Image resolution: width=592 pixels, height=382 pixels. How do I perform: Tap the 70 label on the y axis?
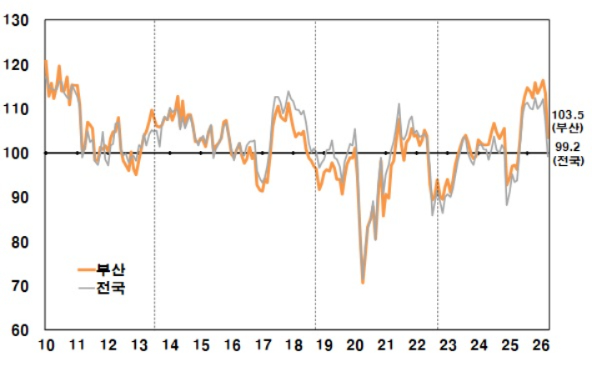pos(19,286)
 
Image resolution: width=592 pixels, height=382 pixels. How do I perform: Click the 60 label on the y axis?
pos(19,330)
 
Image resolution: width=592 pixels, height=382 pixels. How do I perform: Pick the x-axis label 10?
pos(47,345)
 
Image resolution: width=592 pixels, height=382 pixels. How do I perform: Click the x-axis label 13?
pos(138,345)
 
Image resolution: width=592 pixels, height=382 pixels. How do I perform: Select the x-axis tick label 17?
pos(263,345)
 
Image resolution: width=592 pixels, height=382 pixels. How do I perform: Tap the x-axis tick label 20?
pos(354,345)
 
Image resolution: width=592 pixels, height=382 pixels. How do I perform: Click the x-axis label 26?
pos(539,345)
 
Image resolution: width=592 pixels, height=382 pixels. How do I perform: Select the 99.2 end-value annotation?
pos(566,146)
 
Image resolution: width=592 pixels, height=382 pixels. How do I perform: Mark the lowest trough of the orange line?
pos(363,284)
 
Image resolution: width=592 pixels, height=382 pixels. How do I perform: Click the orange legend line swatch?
pos(87,270)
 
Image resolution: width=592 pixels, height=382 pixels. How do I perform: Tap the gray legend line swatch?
pos(87,288)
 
